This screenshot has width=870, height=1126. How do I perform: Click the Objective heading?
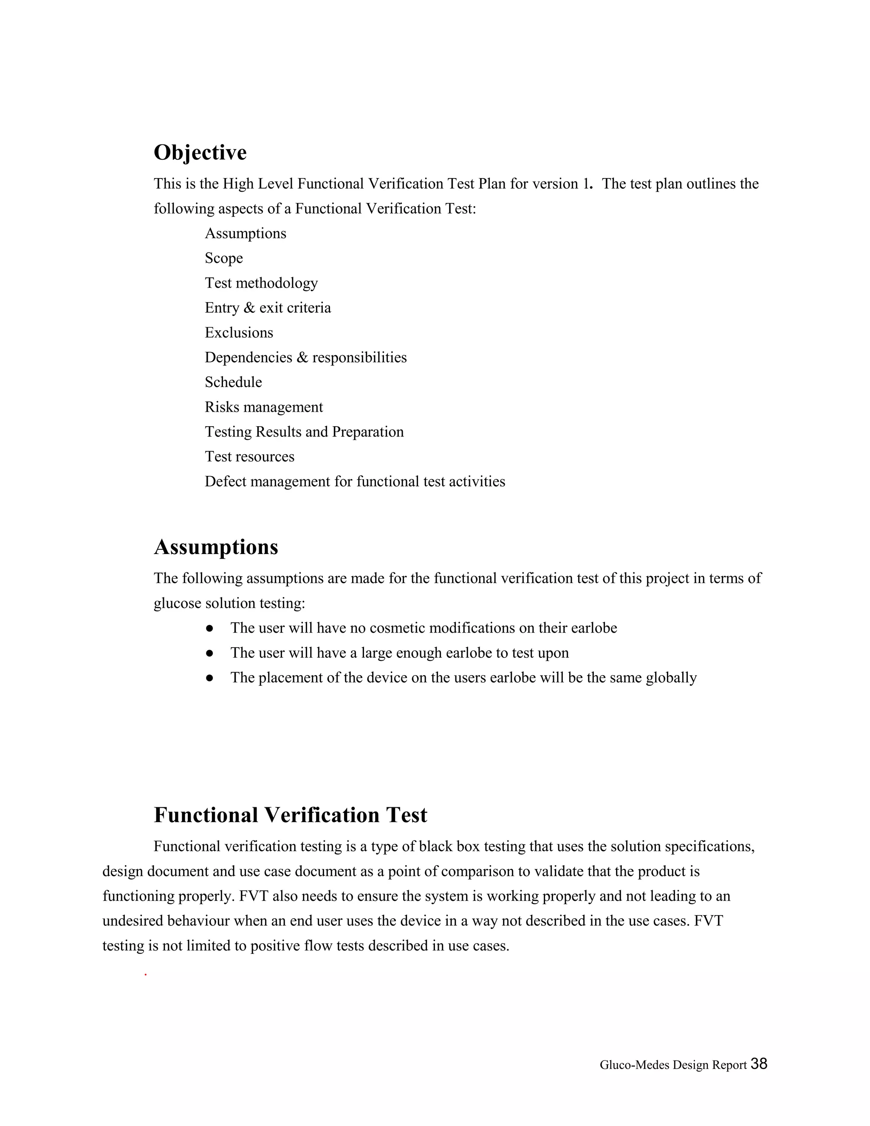pyautogui.click(x=200, y=153)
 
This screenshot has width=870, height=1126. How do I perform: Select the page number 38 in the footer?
pyautogui.click(x=759, y=1064)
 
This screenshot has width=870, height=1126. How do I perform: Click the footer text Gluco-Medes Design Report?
pyautogui.click(x=672, y=1065)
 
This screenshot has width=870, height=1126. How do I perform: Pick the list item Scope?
pyautogui.click(x=224, y=258)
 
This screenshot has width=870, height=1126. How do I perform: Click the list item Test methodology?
pyautogui.click(x=261, y=283)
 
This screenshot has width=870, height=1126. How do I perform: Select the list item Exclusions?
pyautogui.click(x=239, y=333)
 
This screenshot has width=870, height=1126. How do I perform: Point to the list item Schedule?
pyautogui.click(x=233, y=382)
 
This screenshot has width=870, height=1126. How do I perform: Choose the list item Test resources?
pyautogui.click(x=249, y=457)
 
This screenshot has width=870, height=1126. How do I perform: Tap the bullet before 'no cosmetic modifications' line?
pyautogui.click(x=209, y=628)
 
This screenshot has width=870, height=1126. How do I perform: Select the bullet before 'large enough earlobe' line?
pyautogui.click(x=209, y=653)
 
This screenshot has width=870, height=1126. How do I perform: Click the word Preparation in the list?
pyautogui.click(x=367, y=432)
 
